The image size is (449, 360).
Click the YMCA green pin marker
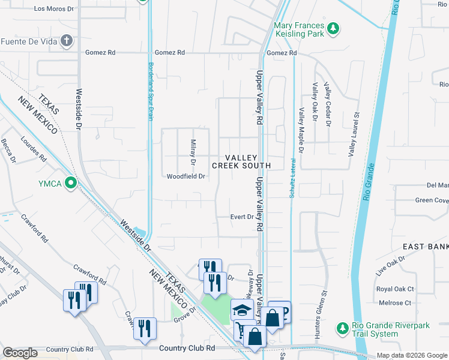tap(71, 182)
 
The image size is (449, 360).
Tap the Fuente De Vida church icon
tap(67, 41)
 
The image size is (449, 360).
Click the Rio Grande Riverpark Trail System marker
tap(342, 328)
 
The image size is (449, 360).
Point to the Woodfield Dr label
tap(186, 176)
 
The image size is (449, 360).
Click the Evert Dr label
tap(243, 217)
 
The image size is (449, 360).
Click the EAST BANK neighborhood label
tap(426, 247)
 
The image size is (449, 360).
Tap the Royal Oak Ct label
tap(394, 289)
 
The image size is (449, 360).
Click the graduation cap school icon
tap(241, 310)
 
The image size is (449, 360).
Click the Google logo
tap(20, 353)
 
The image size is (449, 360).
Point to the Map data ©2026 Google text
tap(411, 355)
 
